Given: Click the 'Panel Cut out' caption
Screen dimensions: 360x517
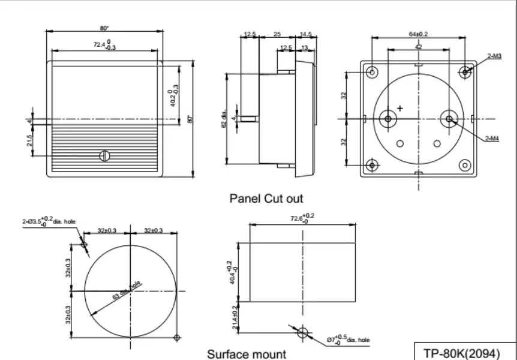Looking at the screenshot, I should tap(266, 198).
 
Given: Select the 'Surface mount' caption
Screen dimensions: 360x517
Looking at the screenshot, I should tap(247, 354).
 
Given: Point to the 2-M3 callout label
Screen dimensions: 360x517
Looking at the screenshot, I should tap(494, 56).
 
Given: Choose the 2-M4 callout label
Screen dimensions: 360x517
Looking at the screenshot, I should tap(492, 139).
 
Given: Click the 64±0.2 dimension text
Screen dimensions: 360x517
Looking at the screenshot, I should tap(418, 34).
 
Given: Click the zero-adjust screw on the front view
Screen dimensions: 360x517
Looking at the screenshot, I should tap(105, 156).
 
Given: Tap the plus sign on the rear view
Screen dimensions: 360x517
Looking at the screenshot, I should tap(400, 108).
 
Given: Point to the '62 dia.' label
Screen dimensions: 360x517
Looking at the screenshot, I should tap(223, 119).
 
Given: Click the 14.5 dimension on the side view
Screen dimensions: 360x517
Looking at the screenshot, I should tap(305, 34).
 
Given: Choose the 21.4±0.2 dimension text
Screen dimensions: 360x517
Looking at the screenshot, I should tap(236, 316).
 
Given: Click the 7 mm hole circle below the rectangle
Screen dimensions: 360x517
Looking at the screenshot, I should tap(303, 332).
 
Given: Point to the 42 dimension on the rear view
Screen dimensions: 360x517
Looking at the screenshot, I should tap(418, 46).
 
